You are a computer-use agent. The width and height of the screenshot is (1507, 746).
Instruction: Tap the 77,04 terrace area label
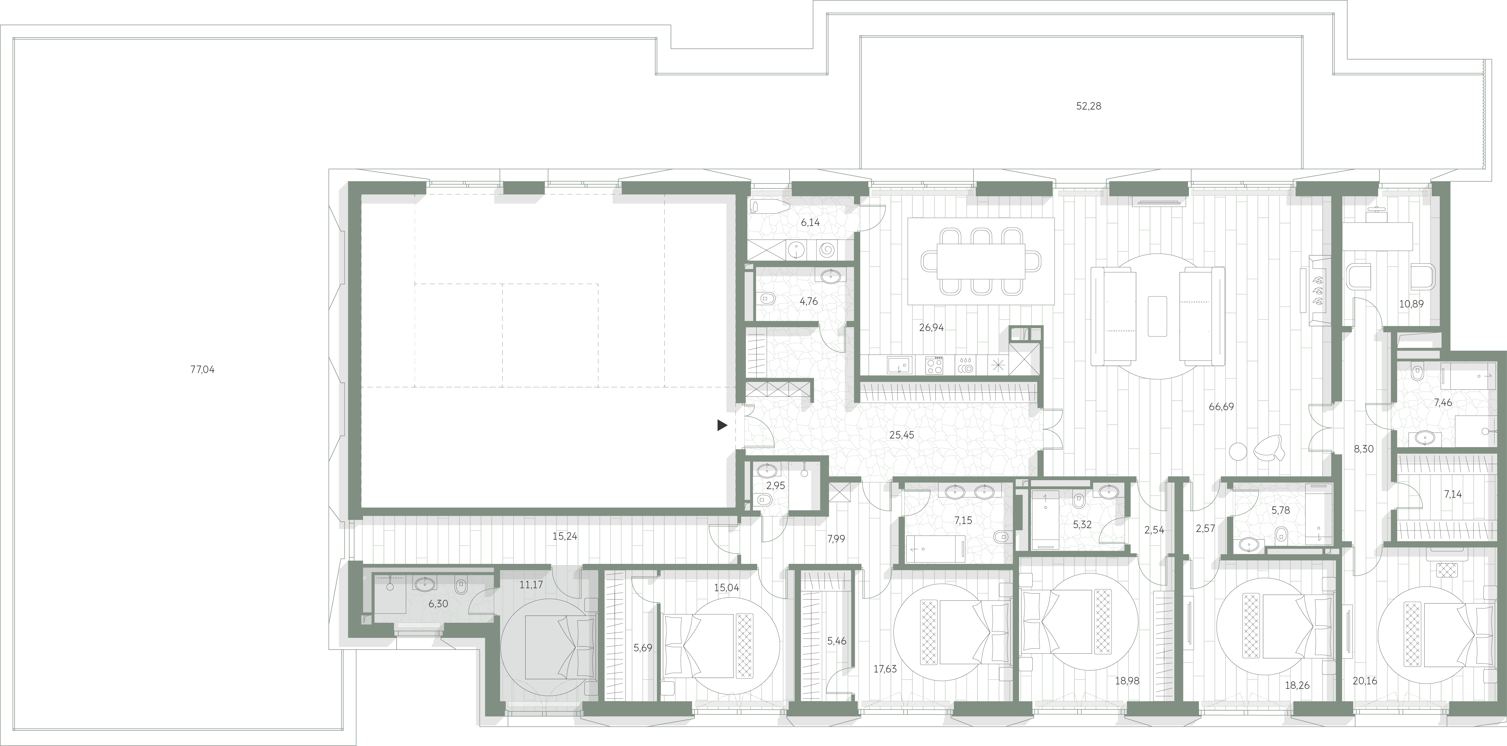(202, 370)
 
